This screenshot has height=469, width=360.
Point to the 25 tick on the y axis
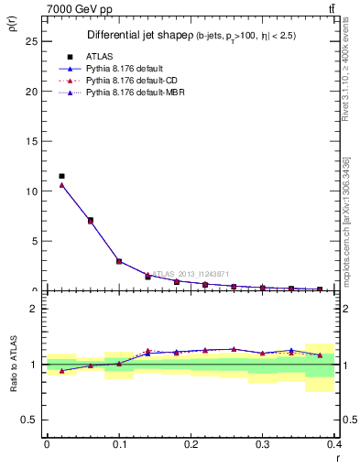point(32,41)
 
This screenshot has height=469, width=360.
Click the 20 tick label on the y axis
point(32,92)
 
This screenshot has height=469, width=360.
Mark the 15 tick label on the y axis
point(32,141)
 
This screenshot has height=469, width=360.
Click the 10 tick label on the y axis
point(32,191)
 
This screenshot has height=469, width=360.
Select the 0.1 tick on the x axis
point(119,444)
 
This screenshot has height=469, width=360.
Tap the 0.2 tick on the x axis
point(191,444)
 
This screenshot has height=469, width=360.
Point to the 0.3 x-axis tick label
point(264,444)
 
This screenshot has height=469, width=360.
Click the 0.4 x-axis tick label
point(335,444)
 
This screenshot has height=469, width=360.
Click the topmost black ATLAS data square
point(61,176)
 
